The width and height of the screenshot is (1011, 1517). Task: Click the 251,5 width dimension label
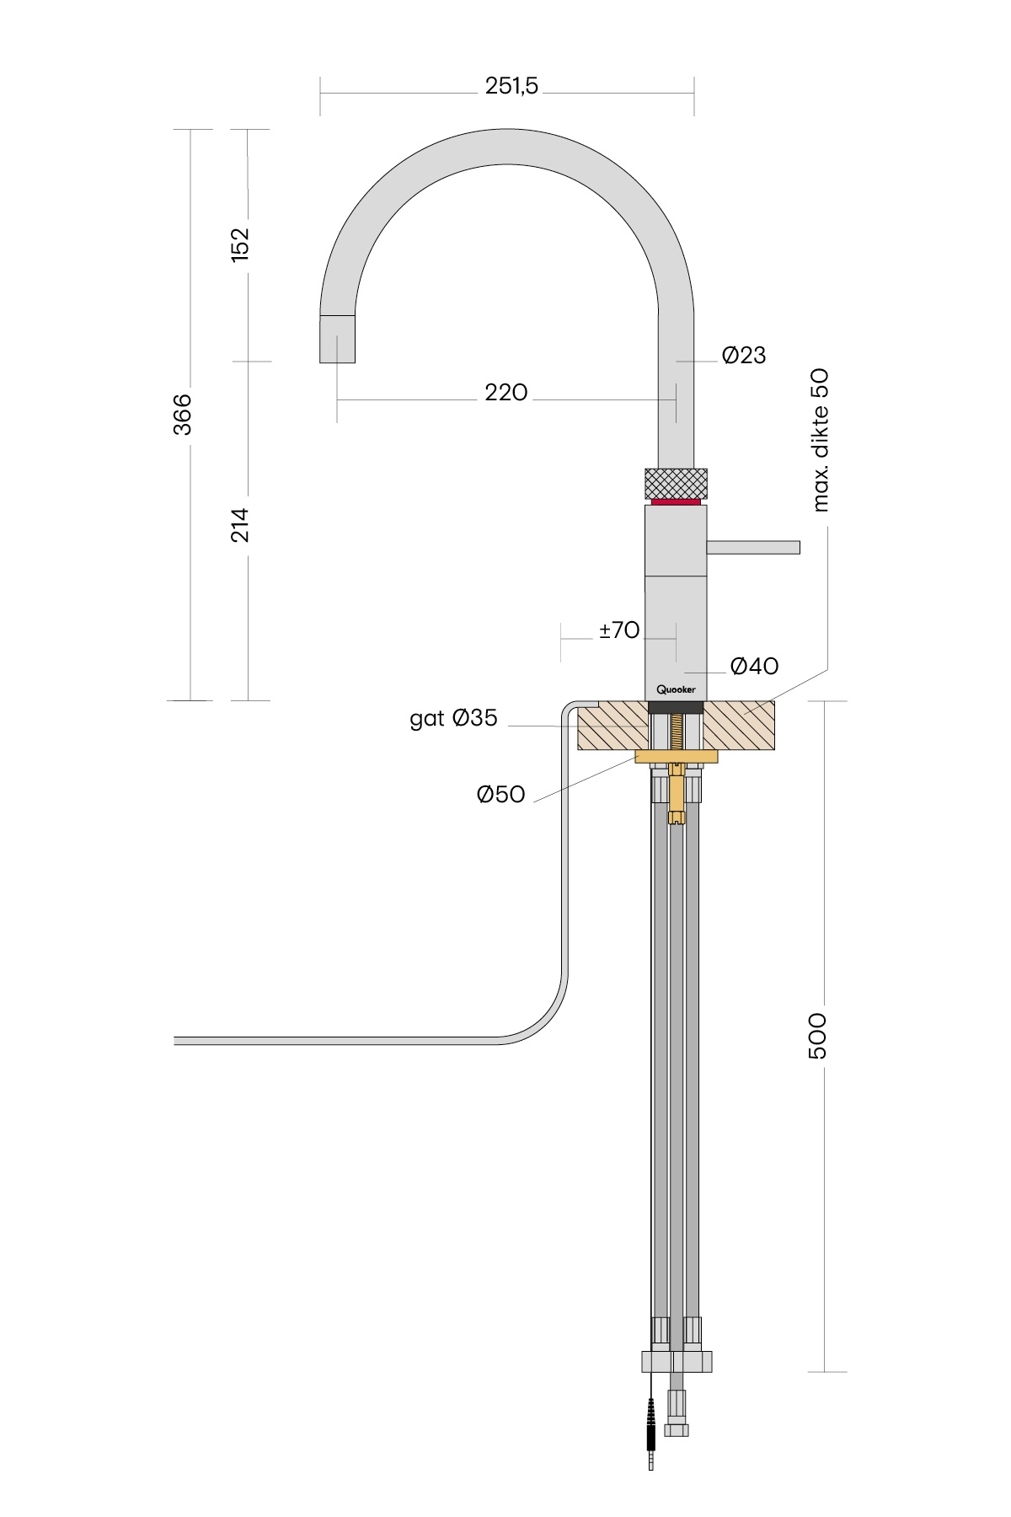[511, 86]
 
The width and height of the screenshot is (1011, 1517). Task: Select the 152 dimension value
[241, 244]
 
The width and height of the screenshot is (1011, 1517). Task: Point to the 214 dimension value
[241, 524]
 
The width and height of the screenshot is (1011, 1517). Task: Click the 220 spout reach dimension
[506, 392]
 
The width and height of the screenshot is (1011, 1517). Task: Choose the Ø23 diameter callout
[744, 356]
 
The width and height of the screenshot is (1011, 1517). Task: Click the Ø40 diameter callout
[755, 667]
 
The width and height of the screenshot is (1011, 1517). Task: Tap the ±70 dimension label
[619, 630]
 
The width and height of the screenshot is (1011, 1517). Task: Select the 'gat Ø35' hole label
[453, 719]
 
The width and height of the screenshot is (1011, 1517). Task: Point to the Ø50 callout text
[501, 794]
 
